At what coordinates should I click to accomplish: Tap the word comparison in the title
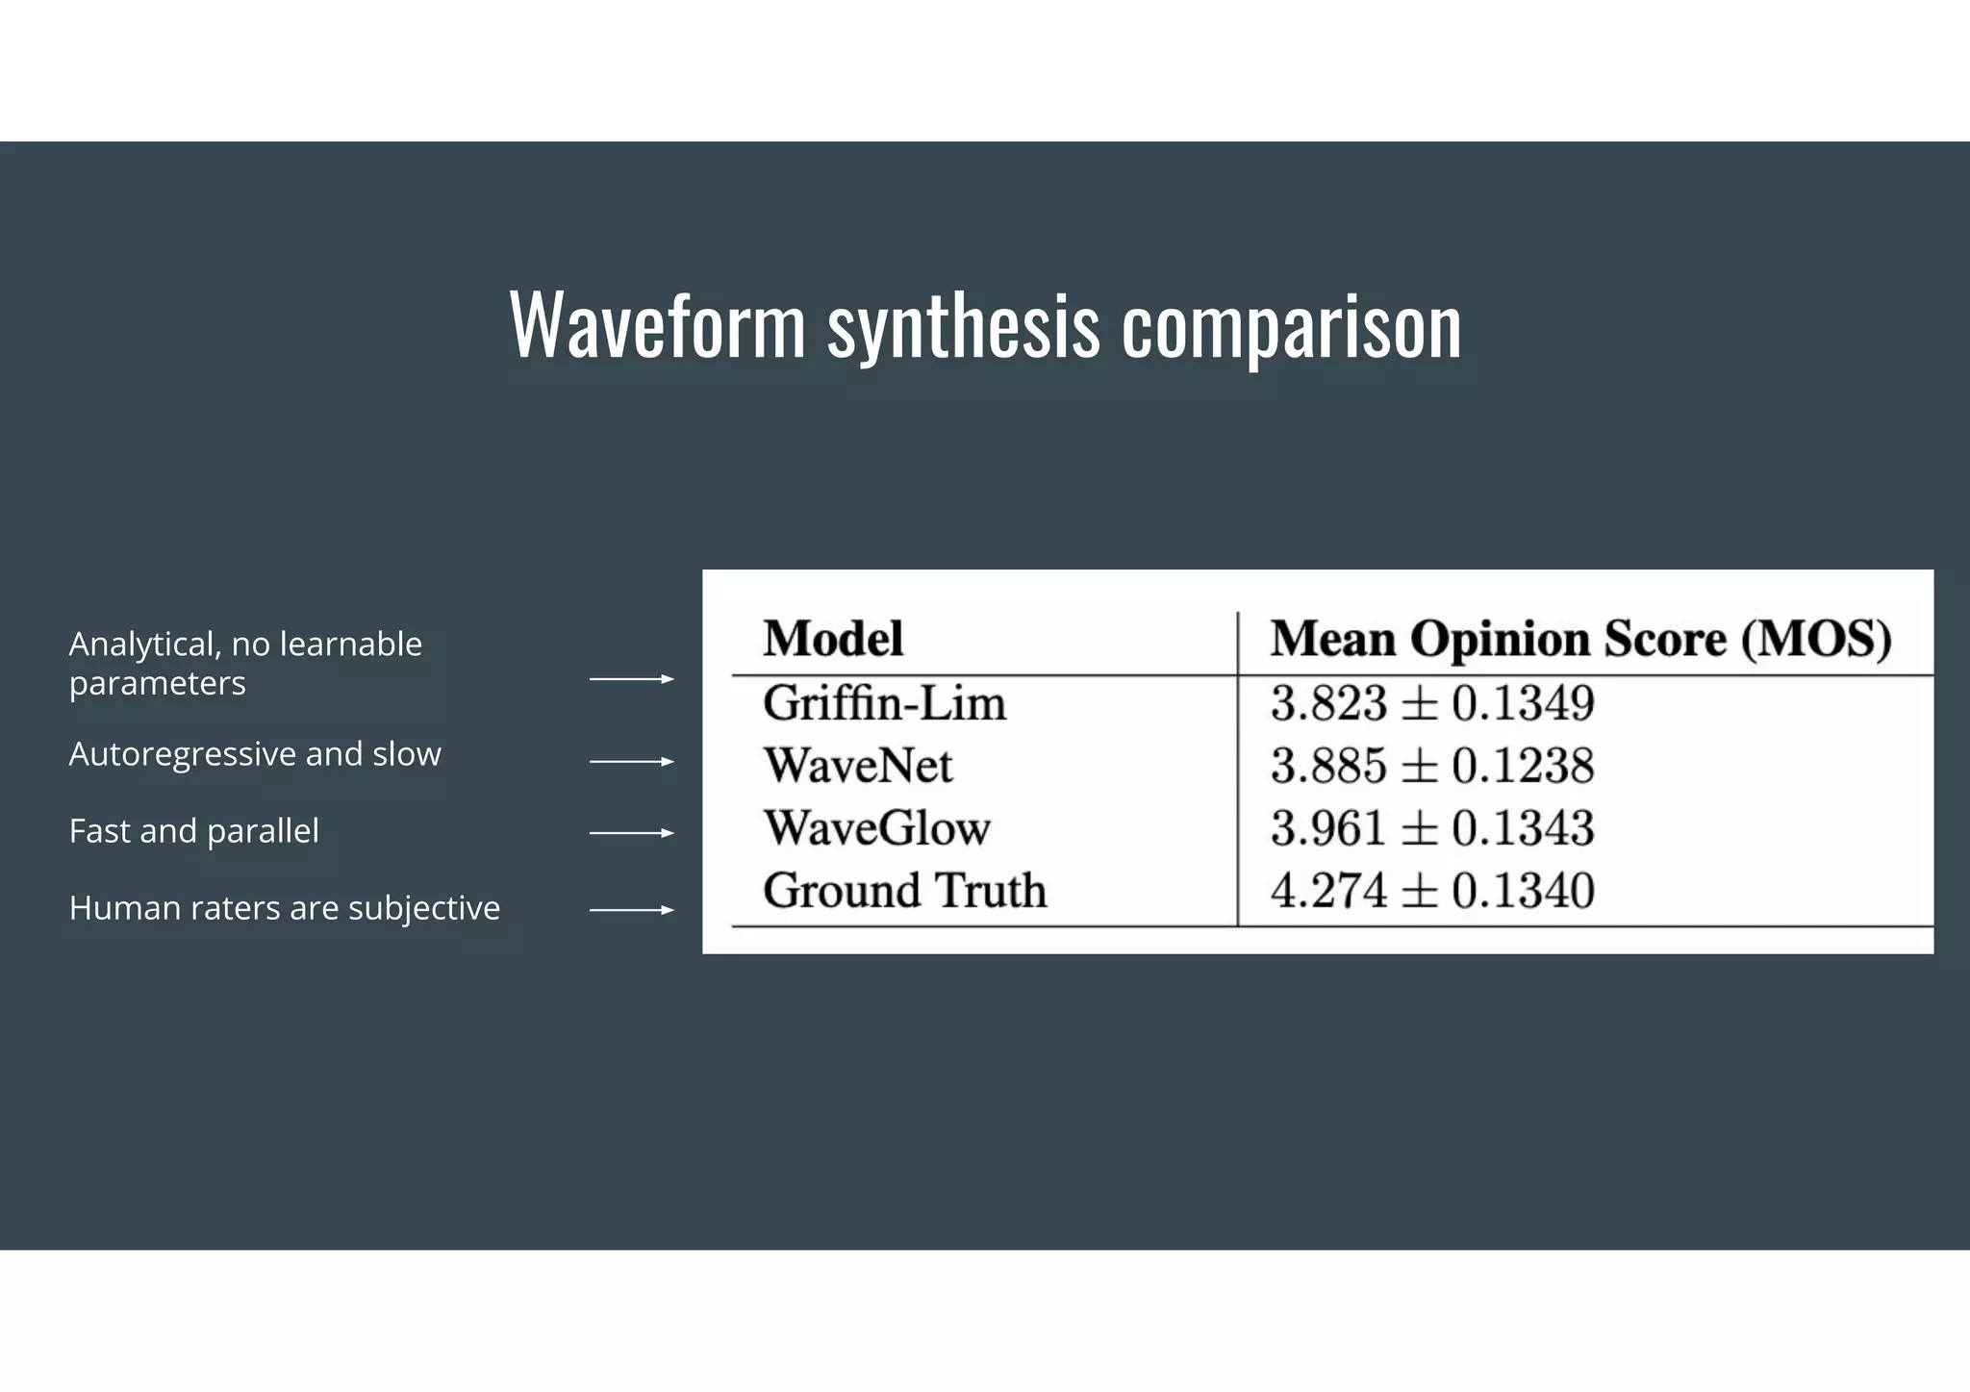1291,327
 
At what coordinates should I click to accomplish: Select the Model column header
833,639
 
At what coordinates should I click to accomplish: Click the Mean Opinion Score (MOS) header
1580,639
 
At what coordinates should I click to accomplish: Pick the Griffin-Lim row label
884,703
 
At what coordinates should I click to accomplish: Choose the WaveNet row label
858,766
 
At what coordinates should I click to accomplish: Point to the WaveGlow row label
876,828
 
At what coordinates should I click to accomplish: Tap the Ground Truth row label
904,890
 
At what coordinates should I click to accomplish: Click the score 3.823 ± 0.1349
1431,703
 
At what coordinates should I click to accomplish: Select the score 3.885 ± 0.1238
1431,766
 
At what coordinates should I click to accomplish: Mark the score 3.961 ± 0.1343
1431,828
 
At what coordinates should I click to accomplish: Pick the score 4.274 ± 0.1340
1431,890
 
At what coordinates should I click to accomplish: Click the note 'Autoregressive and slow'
255,754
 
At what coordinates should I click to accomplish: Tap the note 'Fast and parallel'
193,831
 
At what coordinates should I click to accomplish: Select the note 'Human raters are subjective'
285,908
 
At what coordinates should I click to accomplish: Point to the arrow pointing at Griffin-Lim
631,679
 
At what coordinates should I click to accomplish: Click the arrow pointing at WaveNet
631,762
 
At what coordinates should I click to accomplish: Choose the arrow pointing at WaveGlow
631,833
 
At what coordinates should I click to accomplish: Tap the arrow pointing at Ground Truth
631,910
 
